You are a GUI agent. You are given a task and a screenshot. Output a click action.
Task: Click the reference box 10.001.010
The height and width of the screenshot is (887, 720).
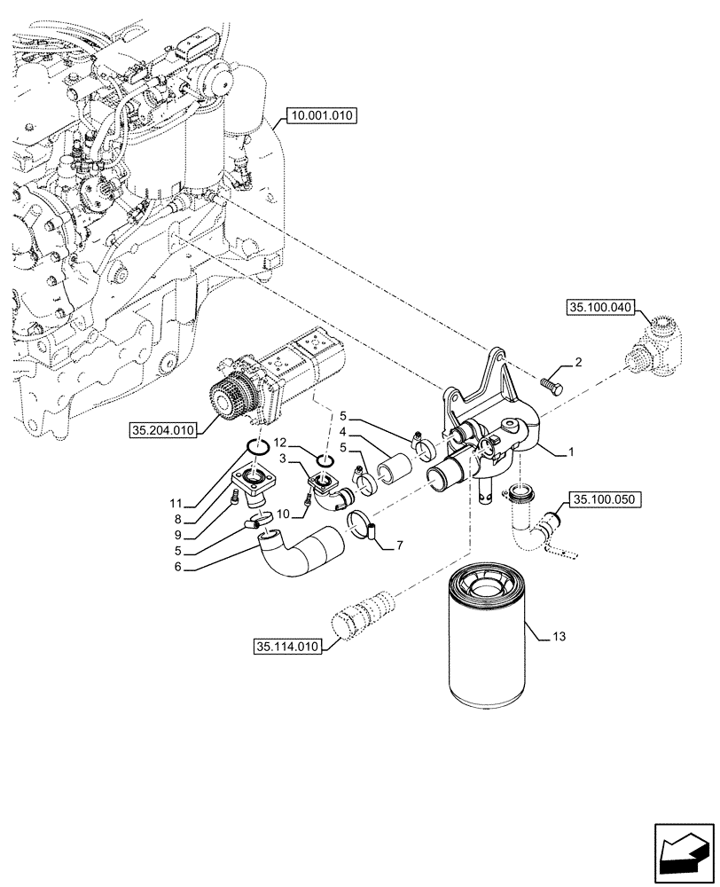[320, 115]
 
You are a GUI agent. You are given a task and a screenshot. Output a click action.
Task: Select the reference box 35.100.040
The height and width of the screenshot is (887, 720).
[600, 308]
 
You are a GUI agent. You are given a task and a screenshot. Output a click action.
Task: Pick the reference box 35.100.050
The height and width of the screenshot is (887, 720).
[605, 500]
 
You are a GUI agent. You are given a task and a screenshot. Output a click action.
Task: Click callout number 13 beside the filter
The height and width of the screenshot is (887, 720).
[558, 637]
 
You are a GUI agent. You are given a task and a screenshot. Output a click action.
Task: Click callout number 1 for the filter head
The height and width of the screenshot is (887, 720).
[573, 453]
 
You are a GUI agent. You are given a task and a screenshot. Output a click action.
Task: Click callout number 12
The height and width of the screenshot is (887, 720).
[280, 442]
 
